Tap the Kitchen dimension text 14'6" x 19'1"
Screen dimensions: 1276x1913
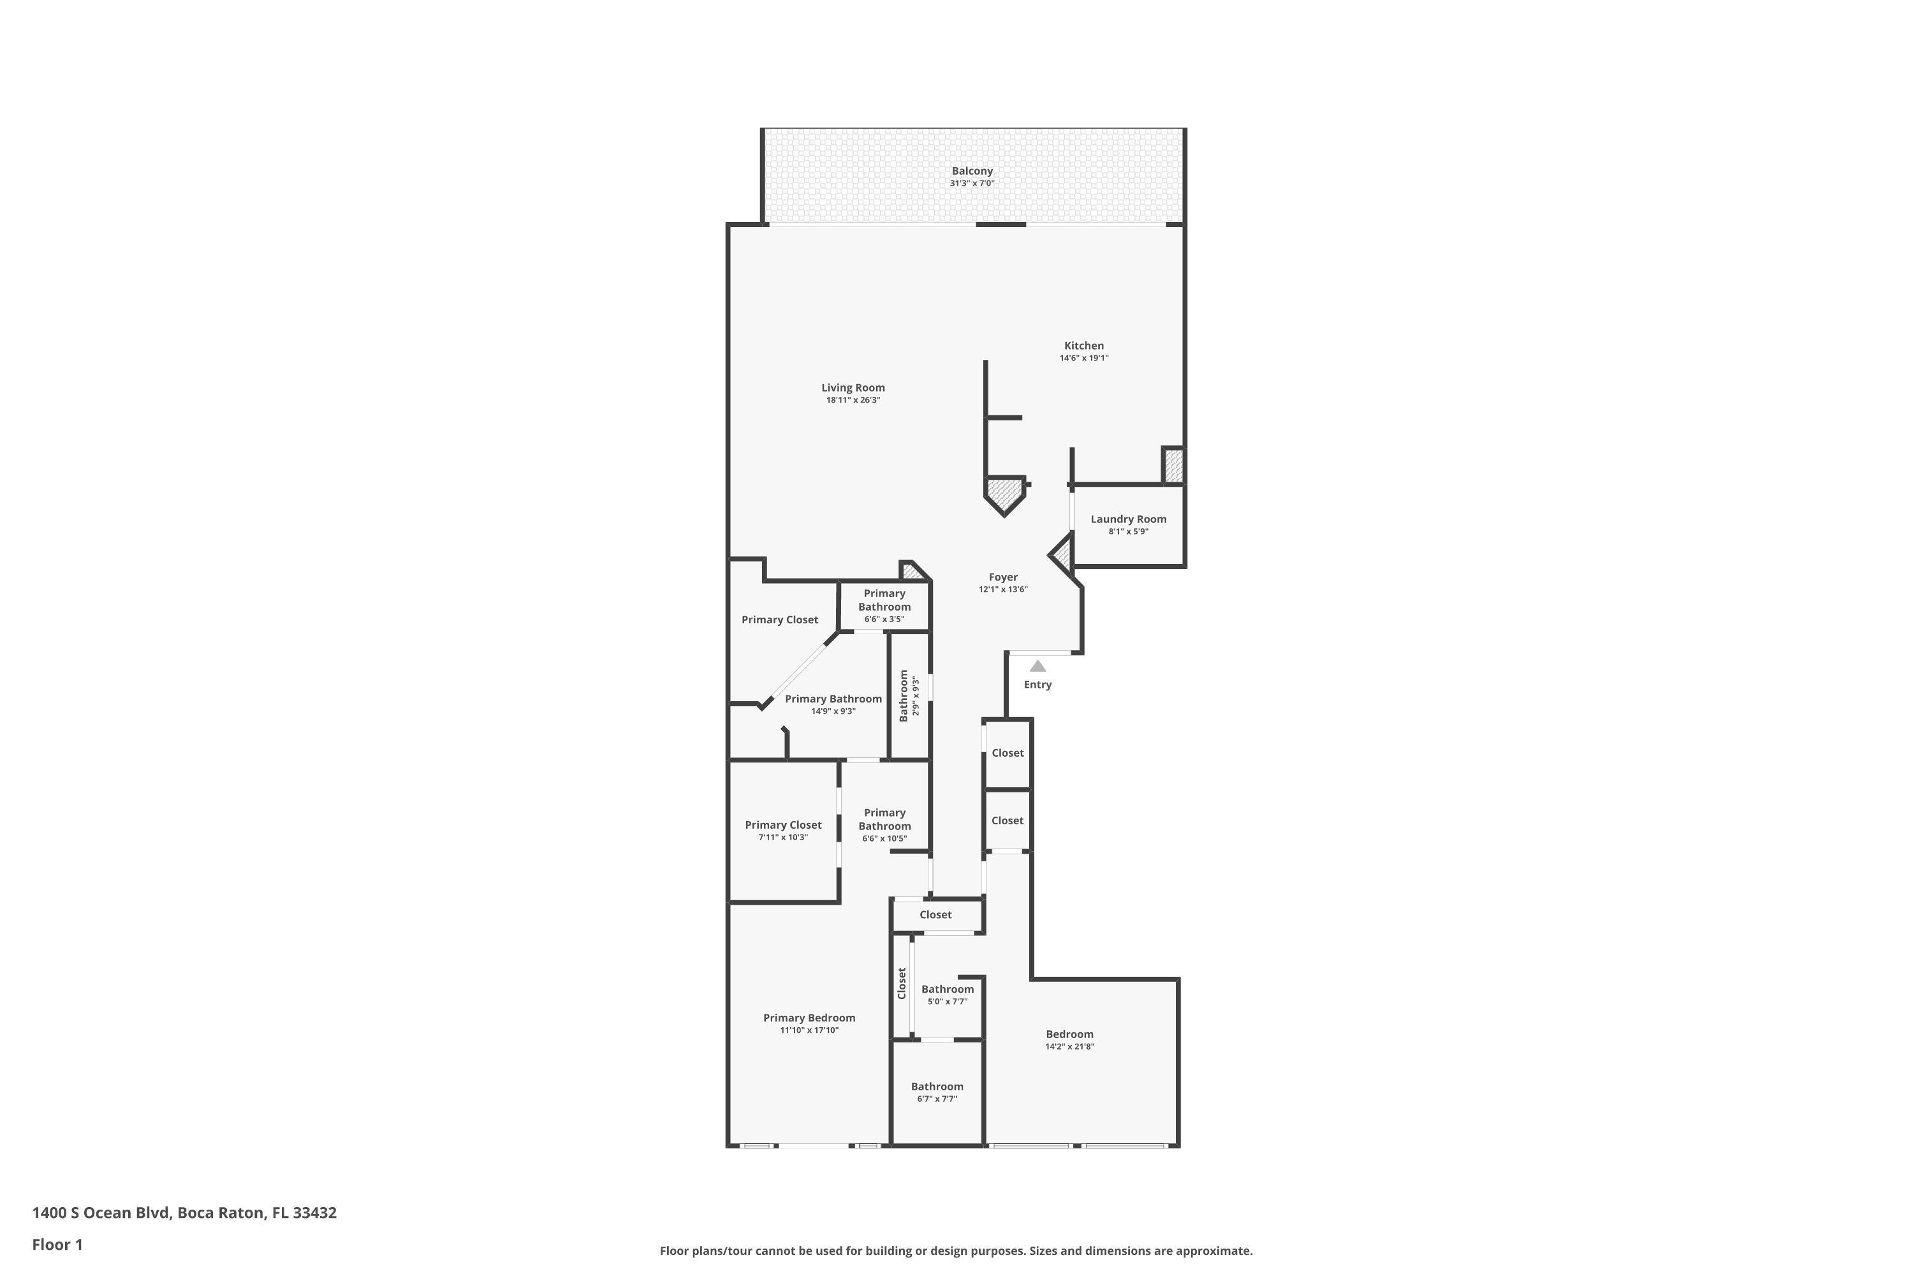[x=1083, y=358]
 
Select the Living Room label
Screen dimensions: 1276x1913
[x=853, y=388]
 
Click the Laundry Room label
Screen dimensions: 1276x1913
[x=1128, y=519]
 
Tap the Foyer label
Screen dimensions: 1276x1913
[x=1003, y=577]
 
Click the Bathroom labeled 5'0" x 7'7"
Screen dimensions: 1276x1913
[x=947, y=990]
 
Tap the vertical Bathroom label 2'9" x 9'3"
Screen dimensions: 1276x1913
[x=904, y=696]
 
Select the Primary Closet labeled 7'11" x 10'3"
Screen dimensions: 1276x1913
[x=782, y=825]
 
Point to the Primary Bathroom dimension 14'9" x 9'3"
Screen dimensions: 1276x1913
[x=833, y=711]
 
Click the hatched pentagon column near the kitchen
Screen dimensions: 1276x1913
[x=1004, y=493]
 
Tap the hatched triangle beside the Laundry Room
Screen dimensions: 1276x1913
[x=1063, y=556]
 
